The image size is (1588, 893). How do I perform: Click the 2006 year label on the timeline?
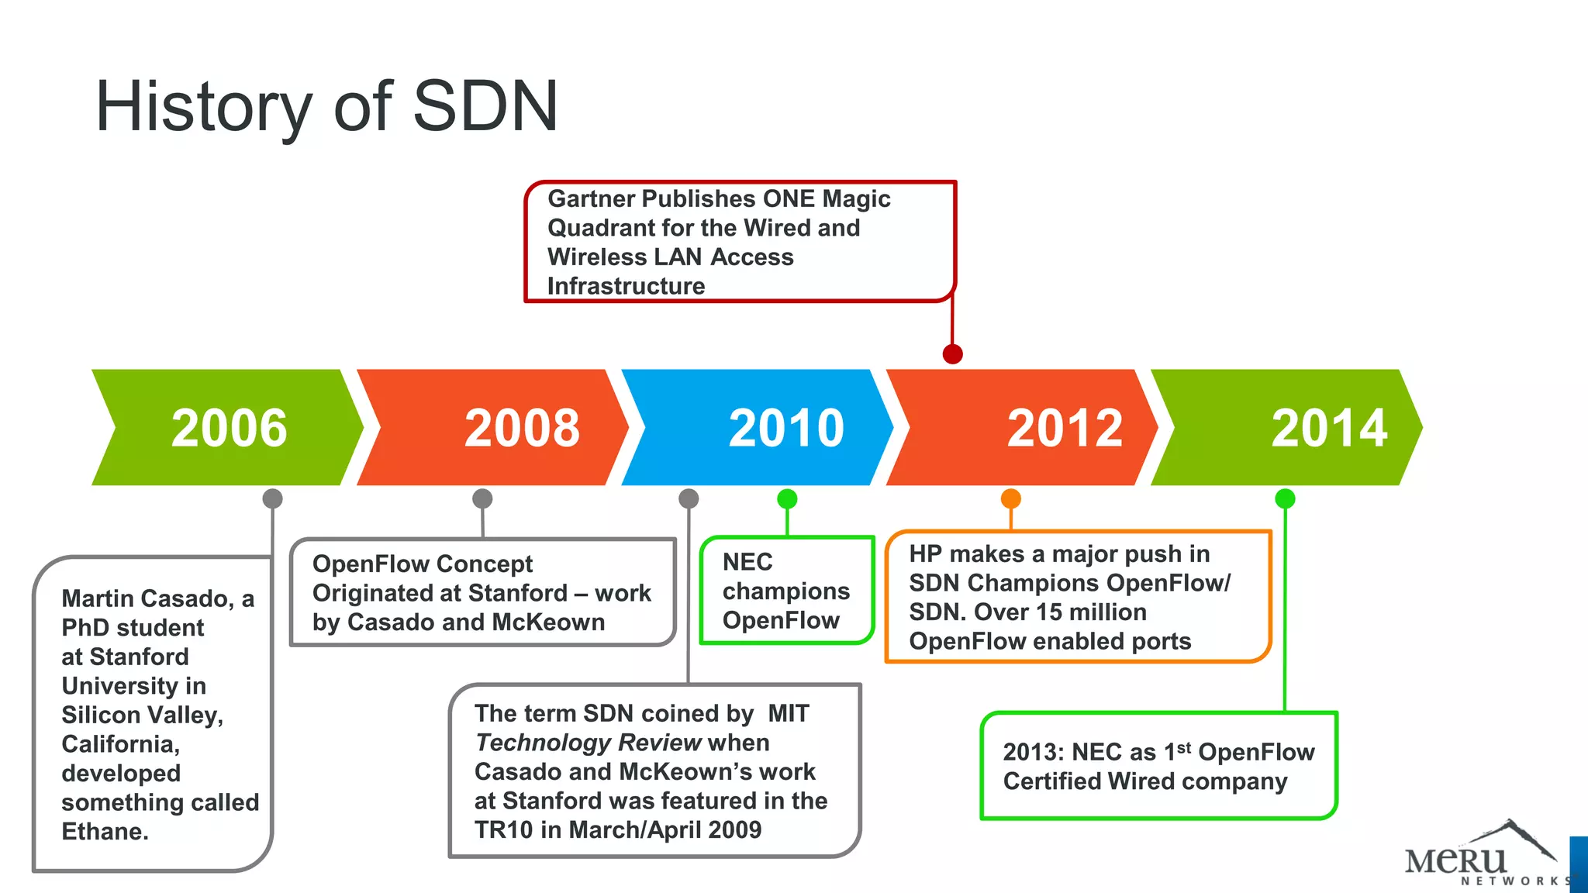229,428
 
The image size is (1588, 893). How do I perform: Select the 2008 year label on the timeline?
522,428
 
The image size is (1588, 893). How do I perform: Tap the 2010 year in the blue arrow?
786,428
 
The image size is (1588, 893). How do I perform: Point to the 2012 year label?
1065,428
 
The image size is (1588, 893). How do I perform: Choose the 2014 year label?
1329,428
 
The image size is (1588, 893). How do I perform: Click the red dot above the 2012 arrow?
952,354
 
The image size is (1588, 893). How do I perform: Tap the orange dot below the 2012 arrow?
1010,498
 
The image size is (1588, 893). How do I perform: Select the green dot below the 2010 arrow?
787,498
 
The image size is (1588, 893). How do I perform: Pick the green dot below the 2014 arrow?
1285,498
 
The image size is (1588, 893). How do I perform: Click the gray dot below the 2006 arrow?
272,498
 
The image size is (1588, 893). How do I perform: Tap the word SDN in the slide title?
485,106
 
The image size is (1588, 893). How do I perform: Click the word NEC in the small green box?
747,562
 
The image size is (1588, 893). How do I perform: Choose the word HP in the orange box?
924,554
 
